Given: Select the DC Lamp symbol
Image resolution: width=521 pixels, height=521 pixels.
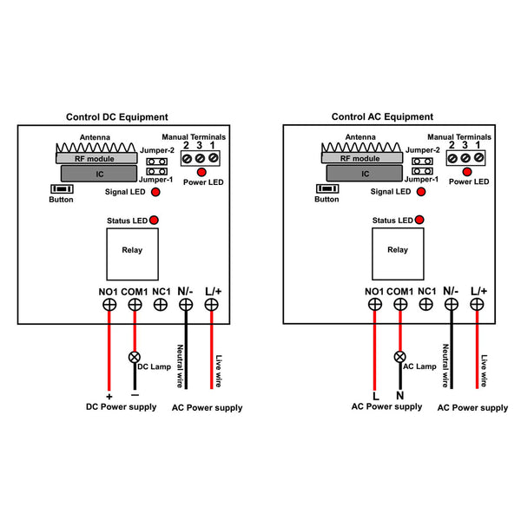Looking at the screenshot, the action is point(135,357).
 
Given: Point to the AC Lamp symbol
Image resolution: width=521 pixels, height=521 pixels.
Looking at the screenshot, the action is point(399,357).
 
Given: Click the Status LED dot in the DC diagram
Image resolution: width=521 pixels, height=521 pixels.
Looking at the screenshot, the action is point(154,220).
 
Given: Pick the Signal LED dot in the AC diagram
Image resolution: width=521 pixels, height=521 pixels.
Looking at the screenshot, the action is point(421,192).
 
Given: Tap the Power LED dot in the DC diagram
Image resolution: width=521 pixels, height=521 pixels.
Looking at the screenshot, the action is point(201,172).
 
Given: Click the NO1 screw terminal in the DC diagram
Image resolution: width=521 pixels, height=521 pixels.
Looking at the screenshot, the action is point(109,305).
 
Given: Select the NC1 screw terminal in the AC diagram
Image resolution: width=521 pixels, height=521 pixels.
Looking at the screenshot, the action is point(426,304).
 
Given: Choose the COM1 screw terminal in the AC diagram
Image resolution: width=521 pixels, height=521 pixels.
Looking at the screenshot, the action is point(400,304).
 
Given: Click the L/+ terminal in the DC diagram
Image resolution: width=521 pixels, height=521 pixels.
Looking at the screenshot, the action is point(211,305).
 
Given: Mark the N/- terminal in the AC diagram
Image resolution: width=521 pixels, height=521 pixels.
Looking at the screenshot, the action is point(452,304).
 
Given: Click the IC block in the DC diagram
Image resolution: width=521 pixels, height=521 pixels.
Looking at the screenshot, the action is point(99,174).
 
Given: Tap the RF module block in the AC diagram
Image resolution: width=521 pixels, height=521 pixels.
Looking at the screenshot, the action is point(362,158).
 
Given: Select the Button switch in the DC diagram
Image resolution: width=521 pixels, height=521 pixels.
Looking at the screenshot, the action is point(62,189).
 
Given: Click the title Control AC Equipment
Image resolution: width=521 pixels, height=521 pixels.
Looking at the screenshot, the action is point(382,116).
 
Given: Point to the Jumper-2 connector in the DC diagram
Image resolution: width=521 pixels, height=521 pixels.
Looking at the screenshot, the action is point(157,162).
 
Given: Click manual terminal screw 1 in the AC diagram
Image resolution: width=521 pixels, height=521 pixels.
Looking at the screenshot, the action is point(478,157).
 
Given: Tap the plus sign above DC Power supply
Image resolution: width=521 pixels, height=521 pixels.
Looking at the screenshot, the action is point(109,397).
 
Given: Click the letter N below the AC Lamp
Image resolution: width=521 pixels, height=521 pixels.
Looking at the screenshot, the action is point(400,395).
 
